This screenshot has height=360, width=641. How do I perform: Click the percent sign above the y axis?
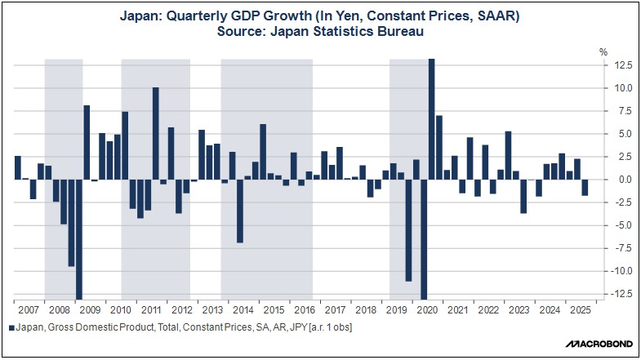coord(603,51)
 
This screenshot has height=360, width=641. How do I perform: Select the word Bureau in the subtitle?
coord(400,32)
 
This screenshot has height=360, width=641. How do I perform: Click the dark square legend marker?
coord(11,327)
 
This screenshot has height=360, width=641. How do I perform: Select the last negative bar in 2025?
coord(585,187)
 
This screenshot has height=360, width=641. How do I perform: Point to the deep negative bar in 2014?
coord(240,211)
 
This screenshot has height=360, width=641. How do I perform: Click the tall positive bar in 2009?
coord(87,142)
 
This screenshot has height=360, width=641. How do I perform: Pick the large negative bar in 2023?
coord(523,196)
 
